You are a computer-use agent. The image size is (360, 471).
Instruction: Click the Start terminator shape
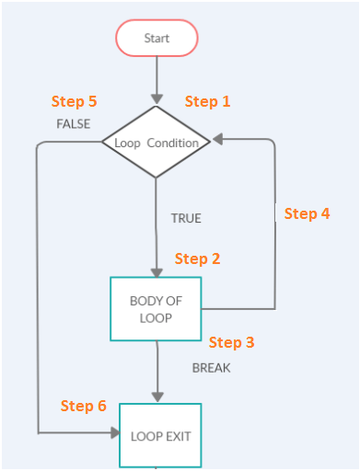157,39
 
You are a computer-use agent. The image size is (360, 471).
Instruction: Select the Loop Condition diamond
157,143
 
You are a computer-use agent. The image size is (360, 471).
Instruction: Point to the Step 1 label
207,101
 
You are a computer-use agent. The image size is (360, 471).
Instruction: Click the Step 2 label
197,259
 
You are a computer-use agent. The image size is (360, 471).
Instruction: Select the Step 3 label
231,342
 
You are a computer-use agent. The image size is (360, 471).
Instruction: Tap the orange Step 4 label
307,213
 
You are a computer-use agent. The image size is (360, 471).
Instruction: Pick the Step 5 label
74,101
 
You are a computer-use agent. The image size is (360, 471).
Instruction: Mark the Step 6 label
84,406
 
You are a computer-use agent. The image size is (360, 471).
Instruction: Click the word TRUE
185,219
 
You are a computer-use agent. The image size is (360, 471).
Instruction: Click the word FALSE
74,124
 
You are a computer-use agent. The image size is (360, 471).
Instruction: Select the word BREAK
211,368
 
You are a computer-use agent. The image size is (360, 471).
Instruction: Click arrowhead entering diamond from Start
157,98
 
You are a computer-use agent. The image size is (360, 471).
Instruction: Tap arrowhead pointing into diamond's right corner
218,142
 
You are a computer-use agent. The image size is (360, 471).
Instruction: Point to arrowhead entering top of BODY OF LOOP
157,271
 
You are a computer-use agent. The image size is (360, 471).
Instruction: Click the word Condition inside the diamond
172,144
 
